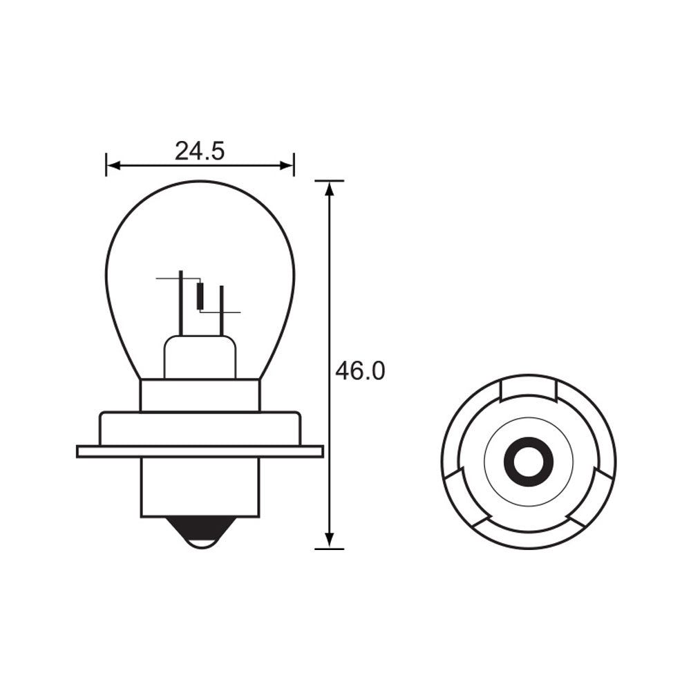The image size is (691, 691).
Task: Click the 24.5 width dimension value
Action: [x=200, y=151]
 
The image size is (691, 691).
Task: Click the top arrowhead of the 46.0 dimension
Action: [x=330, y=189]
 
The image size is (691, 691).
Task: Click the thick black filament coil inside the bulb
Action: [x=200, y=296]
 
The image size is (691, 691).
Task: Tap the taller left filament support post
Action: [x=181, y=304]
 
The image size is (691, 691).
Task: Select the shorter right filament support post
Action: [x=221, y=311]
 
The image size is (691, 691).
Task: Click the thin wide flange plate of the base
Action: [x=200, y=451]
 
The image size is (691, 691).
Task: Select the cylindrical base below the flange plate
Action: [x=200, y=487]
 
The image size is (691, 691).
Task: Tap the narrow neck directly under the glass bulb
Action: [x=200, y=395]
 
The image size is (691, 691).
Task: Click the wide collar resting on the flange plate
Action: [x=200, y=428]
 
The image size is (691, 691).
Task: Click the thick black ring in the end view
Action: [x=529, y=461]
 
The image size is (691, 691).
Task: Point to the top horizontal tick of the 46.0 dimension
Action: [x=330, y=181]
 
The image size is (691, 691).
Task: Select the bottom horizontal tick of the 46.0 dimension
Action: [x=330, y=549]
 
